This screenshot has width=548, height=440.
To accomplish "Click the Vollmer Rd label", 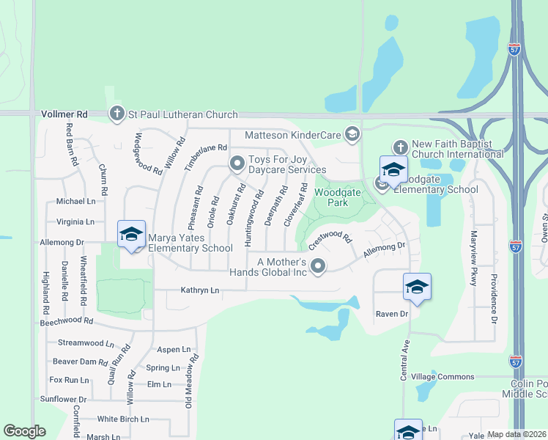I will click(x=64, y=114).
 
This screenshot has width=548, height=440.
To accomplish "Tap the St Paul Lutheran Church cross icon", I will click(x=116, y=114).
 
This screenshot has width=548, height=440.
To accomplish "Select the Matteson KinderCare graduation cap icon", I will click(x=352, y=134).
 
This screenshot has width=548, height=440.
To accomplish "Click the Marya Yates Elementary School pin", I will click(x=132, y=234).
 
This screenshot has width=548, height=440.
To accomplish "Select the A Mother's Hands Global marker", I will click(x=317, y=266).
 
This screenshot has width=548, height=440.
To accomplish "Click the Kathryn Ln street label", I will click(x=200, y=290).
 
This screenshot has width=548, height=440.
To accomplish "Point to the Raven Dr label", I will click(x=391, y=314).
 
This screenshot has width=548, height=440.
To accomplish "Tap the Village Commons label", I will click(x=443, y=376).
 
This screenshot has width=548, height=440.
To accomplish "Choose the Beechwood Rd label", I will click(x=67, y=321).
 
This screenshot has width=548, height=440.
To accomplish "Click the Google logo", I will click(x=25, y=431).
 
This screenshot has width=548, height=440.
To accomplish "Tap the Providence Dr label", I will click(x=494, y=299).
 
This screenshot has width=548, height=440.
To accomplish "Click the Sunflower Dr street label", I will click(x=63, y=399).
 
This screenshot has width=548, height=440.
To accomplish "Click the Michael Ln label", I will click(x=76, y=201).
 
